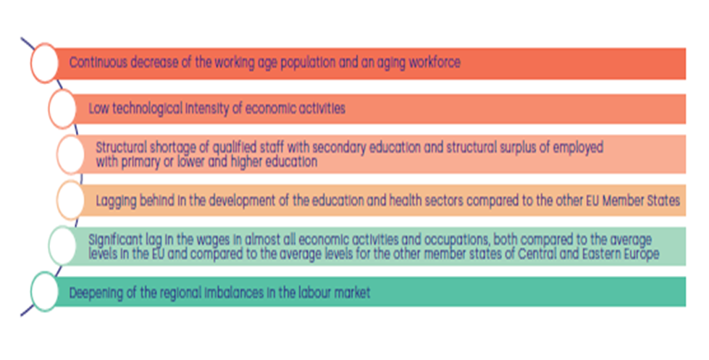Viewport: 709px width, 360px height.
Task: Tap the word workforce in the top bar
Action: pyautogui.click(x=435, y=62)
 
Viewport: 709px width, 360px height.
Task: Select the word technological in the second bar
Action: pyautogui.click(x=148, y=109)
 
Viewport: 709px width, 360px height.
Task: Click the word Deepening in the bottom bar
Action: pyautogui.click(x=96, y=293)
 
